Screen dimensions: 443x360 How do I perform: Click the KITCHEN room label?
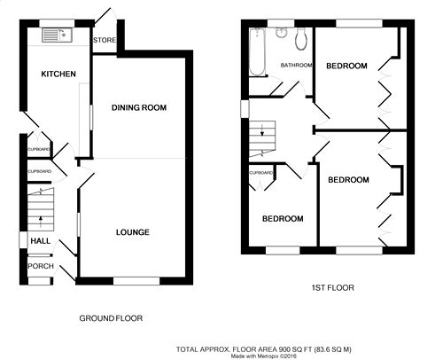point(58,74)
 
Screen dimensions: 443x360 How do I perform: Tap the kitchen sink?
point(57,35)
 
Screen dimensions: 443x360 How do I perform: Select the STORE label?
point(105,40)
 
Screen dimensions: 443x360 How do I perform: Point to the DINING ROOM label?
point(139,107)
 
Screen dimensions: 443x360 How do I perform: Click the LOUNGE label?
point(133,232)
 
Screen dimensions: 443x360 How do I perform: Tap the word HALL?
point(41,241)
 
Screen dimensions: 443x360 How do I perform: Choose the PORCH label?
point(41,266)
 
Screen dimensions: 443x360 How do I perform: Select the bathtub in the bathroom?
point(257,52)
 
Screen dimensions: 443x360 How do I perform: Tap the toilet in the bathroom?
point(301,39)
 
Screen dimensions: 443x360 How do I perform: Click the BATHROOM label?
point(296,65)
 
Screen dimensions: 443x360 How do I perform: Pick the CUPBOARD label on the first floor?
point(261,173)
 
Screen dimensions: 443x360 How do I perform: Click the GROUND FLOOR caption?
point(111,318)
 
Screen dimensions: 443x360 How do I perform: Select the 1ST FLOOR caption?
point(333,287)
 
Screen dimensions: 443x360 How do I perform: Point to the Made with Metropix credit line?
point(264,356)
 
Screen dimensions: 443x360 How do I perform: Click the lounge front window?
point(136,281)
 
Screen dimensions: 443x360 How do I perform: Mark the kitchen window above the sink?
point(57,23)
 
